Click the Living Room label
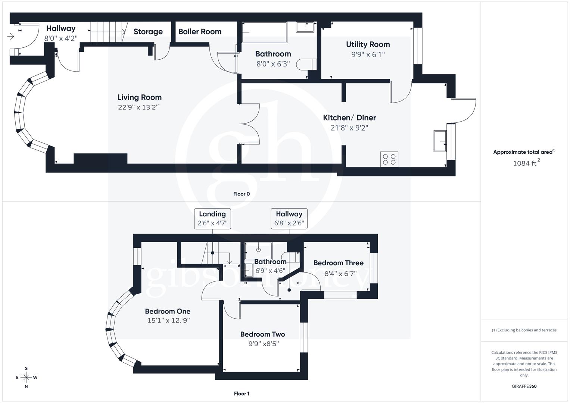139,97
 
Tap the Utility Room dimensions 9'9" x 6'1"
368,54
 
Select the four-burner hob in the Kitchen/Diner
389,159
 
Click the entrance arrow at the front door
10,36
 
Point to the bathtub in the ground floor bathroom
264,32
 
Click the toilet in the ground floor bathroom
306,65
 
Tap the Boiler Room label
200,32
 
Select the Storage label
148,32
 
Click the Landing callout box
212,219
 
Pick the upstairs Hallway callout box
289,219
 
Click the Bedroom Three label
338,263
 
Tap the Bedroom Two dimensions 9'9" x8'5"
264,344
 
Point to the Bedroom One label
168,311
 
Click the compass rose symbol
26,377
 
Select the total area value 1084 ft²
526,163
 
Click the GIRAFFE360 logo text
524,386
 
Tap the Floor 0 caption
242,194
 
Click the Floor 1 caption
242,393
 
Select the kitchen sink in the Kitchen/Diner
440,141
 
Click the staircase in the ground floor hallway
108,32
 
